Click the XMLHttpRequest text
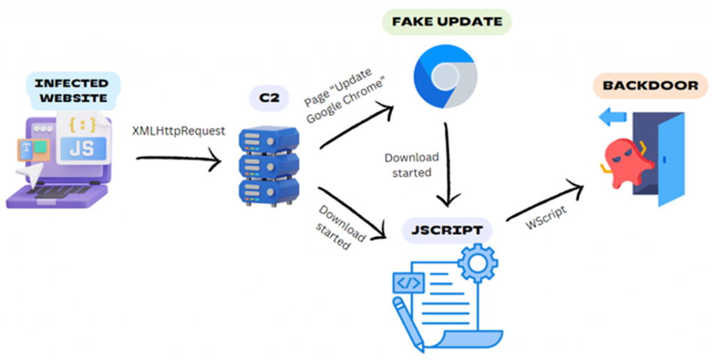click(179, 130)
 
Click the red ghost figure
click(625, 161)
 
